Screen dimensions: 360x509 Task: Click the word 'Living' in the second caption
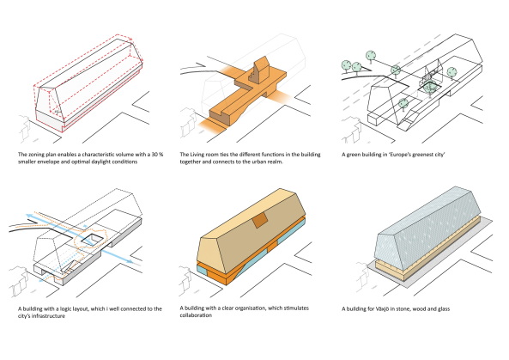pos(197,154)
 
